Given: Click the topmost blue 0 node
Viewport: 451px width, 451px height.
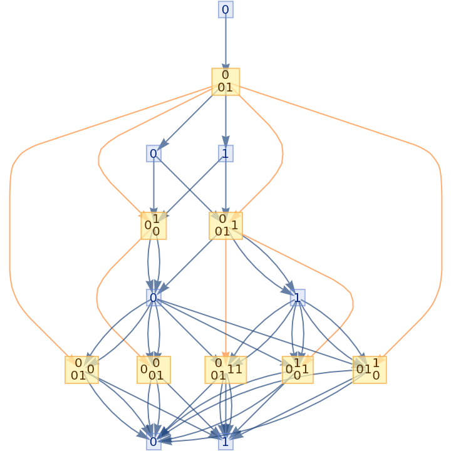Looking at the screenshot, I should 225,9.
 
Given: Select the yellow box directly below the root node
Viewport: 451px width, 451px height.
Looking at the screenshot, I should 225,82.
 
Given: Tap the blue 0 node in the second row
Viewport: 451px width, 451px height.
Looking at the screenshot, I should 153,153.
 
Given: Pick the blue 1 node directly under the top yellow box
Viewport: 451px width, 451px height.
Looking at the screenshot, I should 225,153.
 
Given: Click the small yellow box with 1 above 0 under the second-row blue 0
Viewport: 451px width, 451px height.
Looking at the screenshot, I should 153,225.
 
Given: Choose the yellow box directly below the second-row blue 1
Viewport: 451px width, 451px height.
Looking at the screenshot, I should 225,225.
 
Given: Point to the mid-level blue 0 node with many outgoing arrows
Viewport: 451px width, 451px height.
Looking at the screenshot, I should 153,298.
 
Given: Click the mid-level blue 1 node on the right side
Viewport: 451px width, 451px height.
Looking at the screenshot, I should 298,298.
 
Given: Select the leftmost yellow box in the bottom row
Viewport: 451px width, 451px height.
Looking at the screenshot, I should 81,370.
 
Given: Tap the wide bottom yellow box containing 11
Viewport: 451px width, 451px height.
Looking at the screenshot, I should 225,370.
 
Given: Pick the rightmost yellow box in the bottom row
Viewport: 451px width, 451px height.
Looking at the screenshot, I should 369,370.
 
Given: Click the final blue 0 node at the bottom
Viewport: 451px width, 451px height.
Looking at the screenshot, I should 153,441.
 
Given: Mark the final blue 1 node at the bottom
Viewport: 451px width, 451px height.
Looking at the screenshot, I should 225,441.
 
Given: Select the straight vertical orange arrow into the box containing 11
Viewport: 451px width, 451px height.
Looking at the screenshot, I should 225,294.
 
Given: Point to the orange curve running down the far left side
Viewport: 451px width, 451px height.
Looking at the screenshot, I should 10,251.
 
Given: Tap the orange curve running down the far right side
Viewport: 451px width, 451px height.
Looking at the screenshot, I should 442,251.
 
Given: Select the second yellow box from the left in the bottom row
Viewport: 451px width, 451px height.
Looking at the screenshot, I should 153,370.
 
